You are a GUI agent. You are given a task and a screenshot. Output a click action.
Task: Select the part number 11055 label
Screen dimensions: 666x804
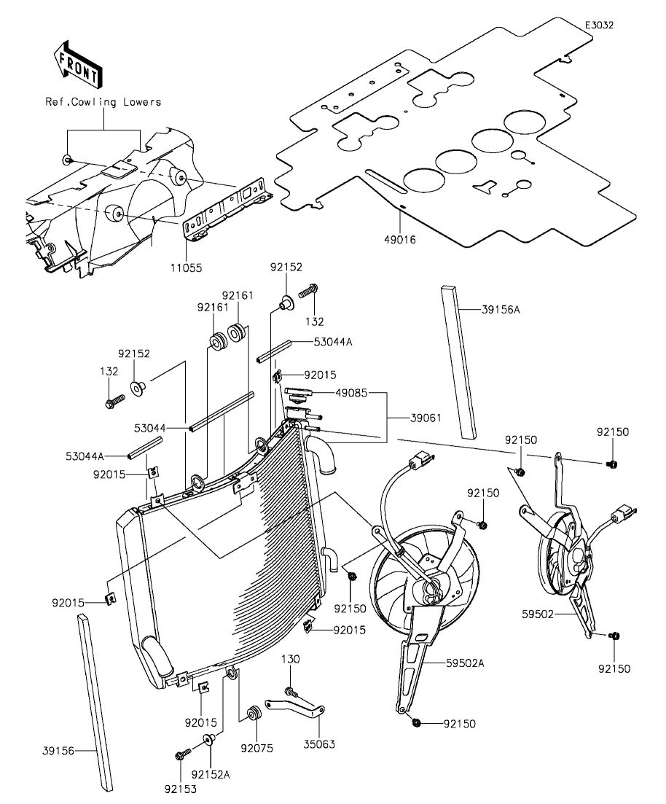[x=187, y=268]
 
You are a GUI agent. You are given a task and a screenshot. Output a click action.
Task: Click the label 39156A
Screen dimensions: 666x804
[x=501, y=310]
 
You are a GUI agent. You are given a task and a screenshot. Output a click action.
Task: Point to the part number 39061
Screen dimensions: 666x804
[x=426, y=418]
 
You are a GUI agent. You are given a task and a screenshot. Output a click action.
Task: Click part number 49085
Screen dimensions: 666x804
[x=351, y=394]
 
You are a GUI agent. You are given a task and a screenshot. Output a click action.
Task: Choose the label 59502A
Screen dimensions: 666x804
[x=465, y=663]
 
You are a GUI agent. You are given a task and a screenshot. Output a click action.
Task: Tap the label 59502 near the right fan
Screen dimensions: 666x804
[x=538, y=614]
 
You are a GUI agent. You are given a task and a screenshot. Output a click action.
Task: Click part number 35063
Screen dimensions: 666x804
[x=319, y=744]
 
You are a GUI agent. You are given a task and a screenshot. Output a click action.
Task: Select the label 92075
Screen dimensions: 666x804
[x=257, y=749]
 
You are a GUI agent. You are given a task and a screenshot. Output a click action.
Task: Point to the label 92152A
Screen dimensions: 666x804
[x=211, y=774]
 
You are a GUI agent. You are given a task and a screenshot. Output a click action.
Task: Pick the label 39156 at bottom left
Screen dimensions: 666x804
[x=58, y=752]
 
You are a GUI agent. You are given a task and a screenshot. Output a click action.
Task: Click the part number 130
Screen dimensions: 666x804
[x=290, y=659]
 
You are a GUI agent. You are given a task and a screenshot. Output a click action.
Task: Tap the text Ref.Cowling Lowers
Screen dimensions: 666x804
[x=103, y=102]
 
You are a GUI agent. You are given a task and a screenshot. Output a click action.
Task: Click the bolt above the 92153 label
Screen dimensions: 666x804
[x=182, y=754]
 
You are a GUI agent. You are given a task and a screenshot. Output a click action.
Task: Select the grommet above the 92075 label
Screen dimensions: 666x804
[x=253, y=713]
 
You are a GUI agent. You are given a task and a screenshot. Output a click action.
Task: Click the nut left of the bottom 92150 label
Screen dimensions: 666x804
[x=416, y=723]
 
